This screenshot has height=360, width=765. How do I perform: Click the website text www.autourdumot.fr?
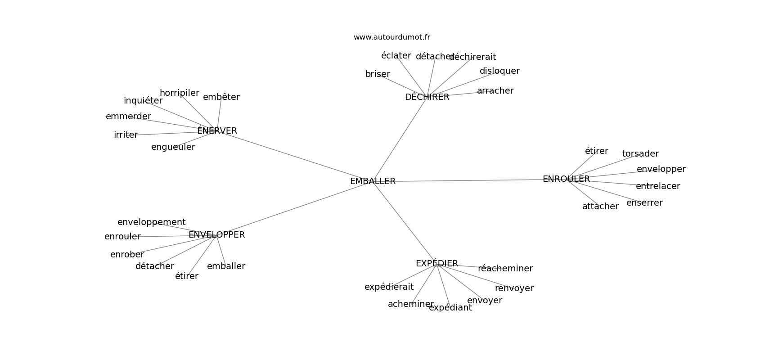tap(391, 37)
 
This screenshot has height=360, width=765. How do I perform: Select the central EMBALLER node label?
tap(373, 181)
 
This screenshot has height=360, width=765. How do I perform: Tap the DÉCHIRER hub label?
tap(427, 97)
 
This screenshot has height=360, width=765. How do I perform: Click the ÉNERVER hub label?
tap(217, 131)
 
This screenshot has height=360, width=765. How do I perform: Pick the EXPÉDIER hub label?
tap(436, 264)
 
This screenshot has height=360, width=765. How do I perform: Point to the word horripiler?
tap(179, 93)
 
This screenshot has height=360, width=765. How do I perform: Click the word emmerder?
tap(128, 117)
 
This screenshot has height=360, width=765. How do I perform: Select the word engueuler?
tap(173, 147)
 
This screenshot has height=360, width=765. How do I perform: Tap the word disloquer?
tap(499, 71)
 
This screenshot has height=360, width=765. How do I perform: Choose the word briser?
tap(378, 74)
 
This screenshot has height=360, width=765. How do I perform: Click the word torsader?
tap(640, 154)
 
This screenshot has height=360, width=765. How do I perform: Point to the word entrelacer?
tap(657, 186)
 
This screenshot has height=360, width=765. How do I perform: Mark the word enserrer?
tap(644, 203)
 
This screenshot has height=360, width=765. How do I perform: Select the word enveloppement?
tap(151, 222)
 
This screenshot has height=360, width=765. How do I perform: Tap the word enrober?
tap(127, 255)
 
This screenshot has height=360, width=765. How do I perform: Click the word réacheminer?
tap(505, 269)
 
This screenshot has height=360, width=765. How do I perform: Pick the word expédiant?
tap(450, 308)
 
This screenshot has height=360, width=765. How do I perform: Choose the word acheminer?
tap(410, 304)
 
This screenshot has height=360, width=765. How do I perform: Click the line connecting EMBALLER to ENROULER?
tap(468, 180)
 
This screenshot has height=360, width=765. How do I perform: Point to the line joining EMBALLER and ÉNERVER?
tap(292, 155)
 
